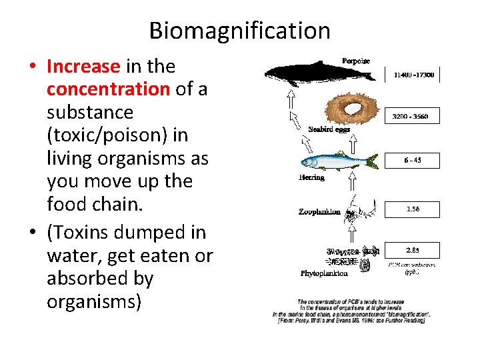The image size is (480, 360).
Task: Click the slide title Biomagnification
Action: click(239, 31)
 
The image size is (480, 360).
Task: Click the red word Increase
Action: click(83, 67)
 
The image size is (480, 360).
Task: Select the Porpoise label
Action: click(355, 61)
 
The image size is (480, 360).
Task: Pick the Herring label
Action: click(311, 177)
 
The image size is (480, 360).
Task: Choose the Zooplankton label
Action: click(319, 211)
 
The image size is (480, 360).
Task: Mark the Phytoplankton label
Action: click(324, 273)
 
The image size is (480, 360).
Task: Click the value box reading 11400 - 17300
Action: click(413, 75)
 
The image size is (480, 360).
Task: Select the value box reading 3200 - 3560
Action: click(413, 117)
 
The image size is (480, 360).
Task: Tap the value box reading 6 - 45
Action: click(413, 160)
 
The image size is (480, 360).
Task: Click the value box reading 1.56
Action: click(413, 209)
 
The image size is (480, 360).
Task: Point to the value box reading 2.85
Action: click(413, 251)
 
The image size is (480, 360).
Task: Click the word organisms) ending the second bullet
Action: click(94, 301)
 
